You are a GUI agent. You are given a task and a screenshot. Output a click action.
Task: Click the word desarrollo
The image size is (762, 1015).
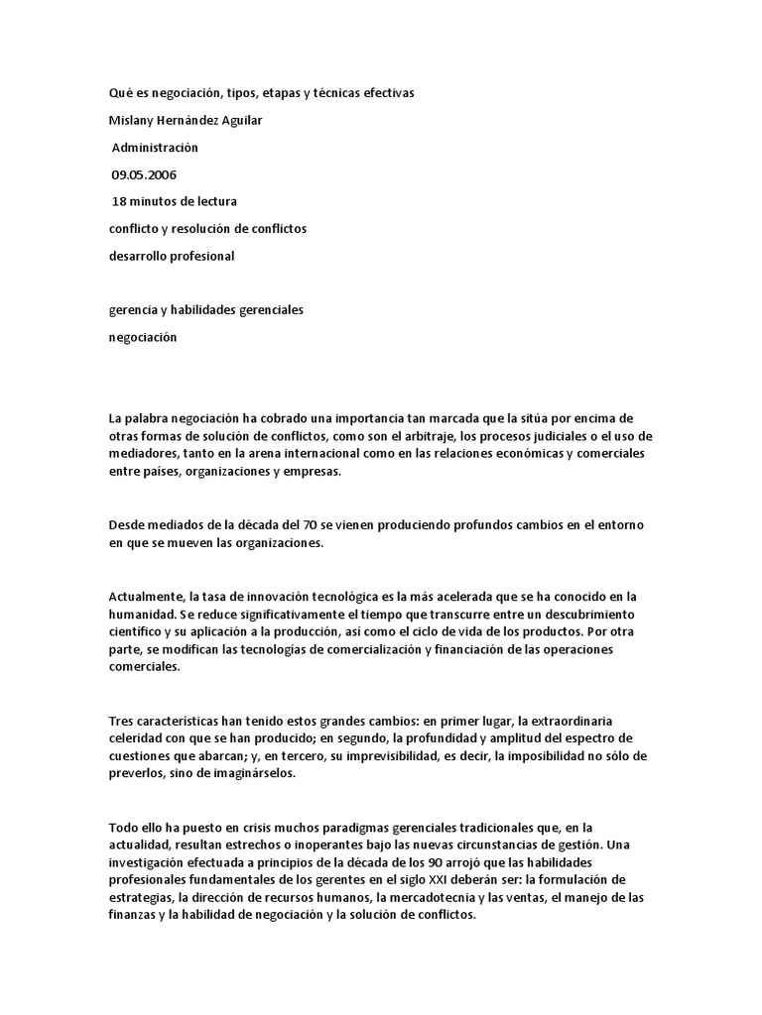click(139, 256)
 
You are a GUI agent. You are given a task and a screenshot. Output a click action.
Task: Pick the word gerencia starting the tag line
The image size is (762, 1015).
click(133, 310)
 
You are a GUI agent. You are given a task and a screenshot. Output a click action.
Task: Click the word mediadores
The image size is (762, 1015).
click(143, 455)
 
